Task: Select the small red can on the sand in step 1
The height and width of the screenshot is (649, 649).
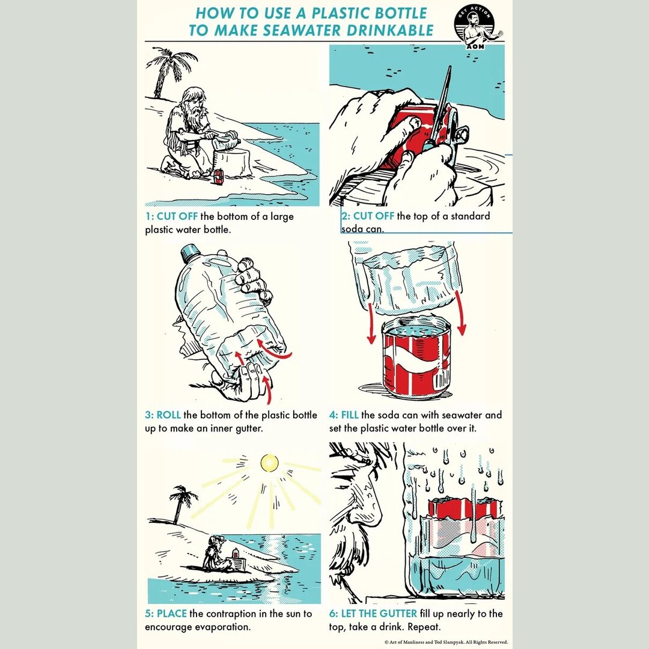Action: [219, 175]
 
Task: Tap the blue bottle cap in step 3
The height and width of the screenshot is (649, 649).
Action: [192, 252]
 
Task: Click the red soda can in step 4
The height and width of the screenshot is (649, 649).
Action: [416, 361]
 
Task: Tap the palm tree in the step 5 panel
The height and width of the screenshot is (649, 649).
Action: [181, 502]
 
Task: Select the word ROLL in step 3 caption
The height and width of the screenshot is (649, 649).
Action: [169, 415]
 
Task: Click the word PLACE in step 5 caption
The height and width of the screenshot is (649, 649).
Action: [172, 614]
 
